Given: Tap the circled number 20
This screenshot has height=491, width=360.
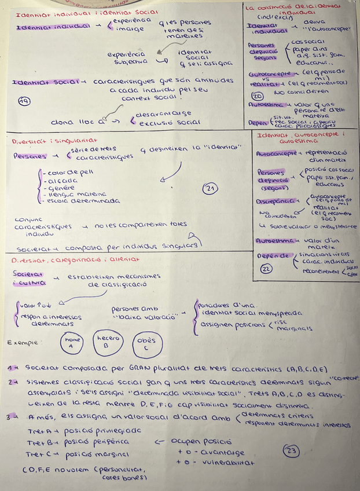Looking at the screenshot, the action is point(258,96).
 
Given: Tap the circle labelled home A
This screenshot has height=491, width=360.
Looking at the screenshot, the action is point(72,343).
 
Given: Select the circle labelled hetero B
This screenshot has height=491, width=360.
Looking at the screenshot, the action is point(108,342).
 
